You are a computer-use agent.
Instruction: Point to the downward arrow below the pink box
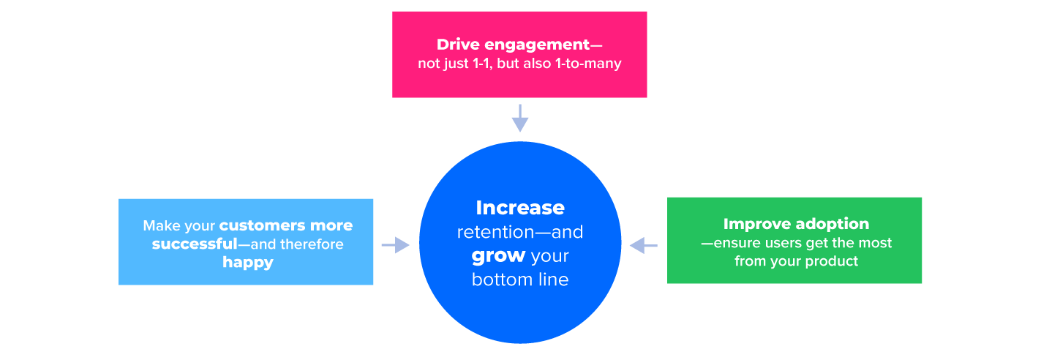click(x=519, y=118)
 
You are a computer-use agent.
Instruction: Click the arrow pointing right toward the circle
click(x=395, y=245)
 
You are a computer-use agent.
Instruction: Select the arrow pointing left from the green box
click(x=644, y=245)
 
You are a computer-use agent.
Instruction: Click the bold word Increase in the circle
click(x=520, y=208)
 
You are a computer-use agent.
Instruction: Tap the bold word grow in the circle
click(x=498, y=256)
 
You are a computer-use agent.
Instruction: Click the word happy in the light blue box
click(x=248, y=262)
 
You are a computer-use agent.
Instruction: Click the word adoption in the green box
click(x=834, y=224)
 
